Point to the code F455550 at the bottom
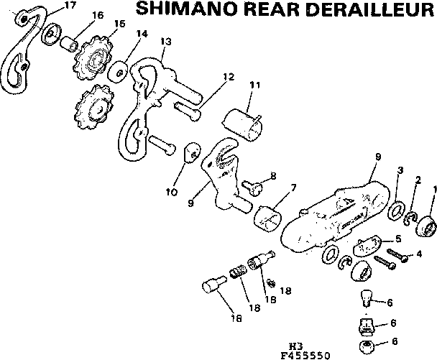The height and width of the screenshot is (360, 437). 306,354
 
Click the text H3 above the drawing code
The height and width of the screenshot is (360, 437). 293,346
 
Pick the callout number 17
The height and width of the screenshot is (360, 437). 70,6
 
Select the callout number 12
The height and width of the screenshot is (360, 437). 229,76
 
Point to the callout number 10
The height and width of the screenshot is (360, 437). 171,192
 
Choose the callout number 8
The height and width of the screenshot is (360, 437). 272,175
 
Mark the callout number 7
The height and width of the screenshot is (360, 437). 293,188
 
